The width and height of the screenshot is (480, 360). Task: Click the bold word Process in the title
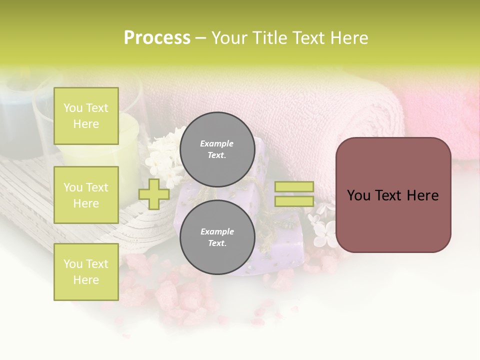pyautogui.click(x=157, y=38)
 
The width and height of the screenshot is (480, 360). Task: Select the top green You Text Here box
pyautogui.click(x=86, y=116)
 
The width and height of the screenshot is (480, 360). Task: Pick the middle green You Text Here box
pyautogui.click(x=86, y=195)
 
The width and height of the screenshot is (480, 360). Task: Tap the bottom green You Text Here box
pyautogui.click(x=86, y=271)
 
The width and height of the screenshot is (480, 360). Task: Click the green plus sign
pyautogui.click(x=154, y=194)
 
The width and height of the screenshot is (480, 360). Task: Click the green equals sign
pyautogui.click(x=294, y=194)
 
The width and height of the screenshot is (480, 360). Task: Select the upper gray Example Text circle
pyautogui.click(x=217, y=149)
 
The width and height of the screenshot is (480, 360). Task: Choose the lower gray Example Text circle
pyautogui.click(x=217, y=237)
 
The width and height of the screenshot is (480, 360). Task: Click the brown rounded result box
pyautogui.click(x=393, y=195)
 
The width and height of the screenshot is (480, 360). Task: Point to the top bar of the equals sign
pyautogui.click(x=294, y=186)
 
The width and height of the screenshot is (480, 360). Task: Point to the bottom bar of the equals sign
pyautogui.click(x=294, y=201)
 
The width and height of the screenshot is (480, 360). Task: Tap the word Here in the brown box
pyautogui.click(x=423, y=195)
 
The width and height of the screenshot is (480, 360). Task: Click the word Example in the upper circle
pyautogui.click(x=217, y=143)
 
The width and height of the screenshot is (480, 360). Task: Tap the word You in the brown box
pyautogui.click(x=359, y=195)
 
